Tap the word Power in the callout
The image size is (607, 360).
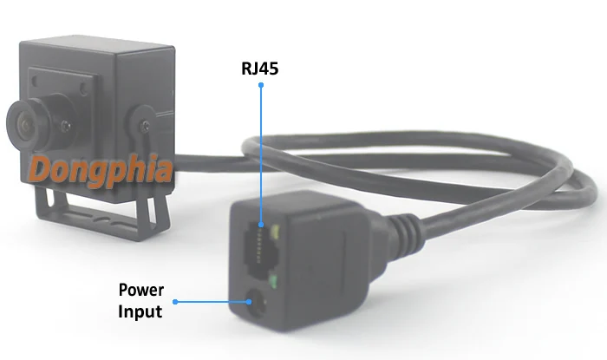pyautogui.click(x=141, y=290)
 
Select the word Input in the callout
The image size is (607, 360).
pyautogui.click(x=140, y=309)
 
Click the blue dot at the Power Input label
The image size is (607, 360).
pyautogui.click(x=175, y=302)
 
